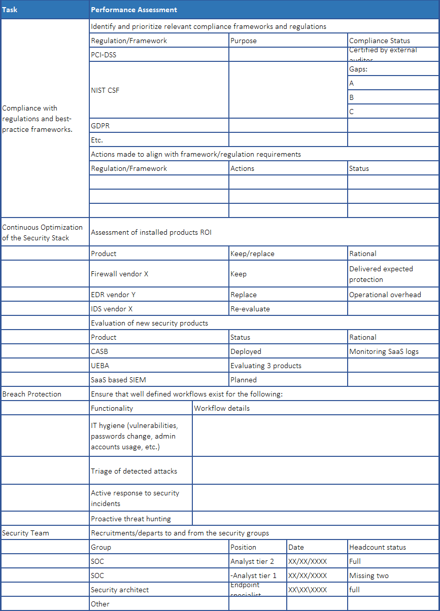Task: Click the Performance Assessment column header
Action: point(134,10)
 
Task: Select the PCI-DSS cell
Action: point(104,55)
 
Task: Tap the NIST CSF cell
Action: point(106,90)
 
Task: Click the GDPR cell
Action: point(101,126)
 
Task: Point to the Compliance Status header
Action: point(380,41)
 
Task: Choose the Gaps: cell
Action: point(358,69)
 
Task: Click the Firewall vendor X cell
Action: point(120,274)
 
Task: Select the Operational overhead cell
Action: point(385,295)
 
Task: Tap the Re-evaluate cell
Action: point(250,309)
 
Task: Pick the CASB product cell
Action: point(99,351)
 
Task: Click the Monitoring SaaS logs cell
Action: point(384,351)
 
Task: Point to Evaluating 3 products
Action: point(266,366)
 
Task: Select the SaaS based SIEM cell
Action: point(118,380)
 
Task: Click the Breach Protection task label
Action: point(31,394)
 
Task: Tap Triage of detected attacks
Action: point(134,471)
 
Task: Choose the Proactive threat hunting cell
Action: point(131,519)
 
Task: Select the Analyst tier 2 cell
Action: point(252,561)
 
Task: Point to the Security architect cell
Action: point(120,590)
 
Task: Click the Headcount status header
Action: point(378,547)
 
